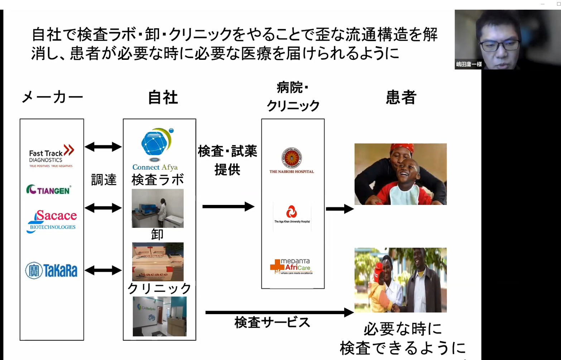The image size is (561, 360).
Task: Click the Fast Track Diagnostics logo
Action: pos(51,156)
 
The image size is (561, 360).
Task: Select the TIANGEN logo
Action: pos(49,189)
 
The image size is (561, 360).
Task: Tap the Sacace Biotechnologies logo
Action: pos(52,221)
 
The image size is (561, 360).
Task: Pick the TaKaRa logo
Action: pos(51,270)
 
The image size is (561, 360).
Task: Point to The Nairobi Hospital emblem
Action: pos(292,158)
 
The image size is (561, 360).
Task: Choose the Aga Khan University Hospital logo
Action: pos(292,212)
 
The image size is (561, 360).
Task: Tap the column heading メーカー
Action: pos(52,97)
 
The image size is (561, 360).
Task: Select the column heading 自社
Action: pos(163,97)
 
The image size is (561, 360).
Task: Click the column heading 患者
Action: pos(401,97)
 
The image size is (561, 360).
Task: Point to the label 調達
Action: pos(104,179)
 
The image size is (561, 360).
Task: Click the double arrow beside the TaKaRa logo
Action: pos(103,270)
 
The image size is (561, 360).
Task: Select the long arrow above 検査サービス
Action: pos(279,312)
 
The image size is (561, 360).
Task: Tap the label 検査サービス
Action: pos(272,322)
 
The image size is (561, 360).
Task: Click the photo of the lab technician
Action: pos(158,208)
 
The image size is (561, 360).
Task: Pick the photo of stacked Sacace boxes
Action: pos(158,261)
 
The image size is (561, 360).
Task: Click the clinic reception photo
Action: pos(160,316)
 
